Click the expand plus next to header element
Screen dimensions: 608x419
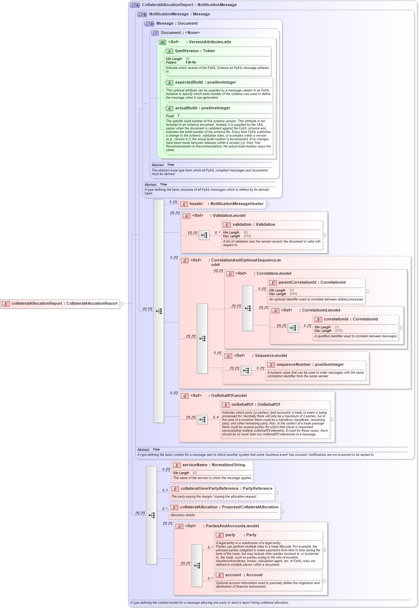(x=268, y=204)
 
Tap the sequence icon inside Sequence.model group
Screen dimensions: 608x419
(x=245, y=371)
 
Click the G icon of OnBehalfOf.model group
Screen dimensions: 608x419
(x=185, y=396)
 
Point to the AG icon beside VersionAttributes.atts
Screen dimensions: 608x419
(x=163, y=43)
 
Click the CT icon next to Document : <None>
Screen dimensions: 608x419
(x=155, y=33)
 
